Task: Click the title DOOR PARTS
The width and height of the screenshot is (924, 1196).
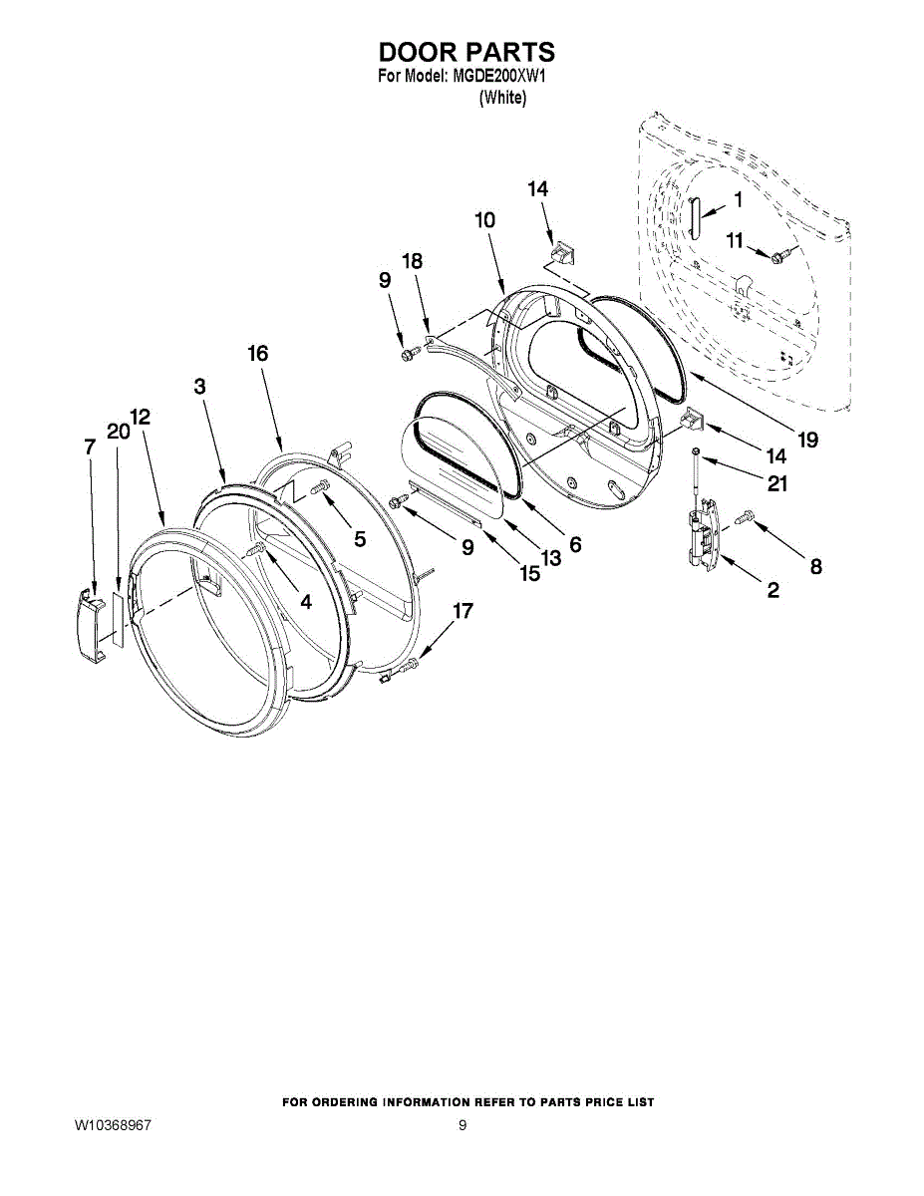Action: pyautogui.click(x=466, y=52)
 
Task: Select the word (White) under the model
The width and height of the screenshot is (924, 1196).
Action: pyautogui.click(x=502, y=98)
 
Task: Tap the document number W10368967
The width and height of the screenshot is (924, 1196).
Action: pyautogui.click(x=113, y=1125)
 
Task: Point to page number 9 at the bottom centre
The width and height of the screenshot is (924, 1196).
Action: pyautogui.click(x=462, y=1125)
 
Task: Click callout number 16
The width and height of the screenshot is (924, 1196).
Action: pyautogui.click(x=258, y=353)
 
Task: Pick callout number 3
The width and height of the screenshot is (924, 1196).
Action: pyautogui.click(x=199, y=387)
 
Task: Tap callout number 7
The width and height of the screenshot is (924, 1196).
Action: pyautogui.click(x=89, y=448)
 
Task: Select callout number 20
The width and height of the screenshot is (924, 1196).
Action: pyautogui.click(x=118, y=432)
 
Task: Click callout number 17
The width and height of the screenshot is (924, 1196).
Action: pyautogui.click(x=463, y=611)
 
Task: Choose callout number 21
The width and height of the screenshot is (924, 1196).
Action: pyautogui.click(x=776, y=484)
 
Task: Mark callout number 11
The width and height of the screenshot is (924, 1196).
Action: pyautogui.click(x=735, y=239)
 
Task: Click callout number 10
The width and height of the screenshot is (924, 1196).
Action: pyautogui.click(x=484, y=220)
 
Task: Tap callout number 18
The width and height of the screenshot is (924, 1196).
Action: pyautogui.click(x=412, y=261)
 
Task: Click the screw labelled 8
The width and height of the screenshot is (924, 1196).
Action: pyautogui.click(x=746, y=518)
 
